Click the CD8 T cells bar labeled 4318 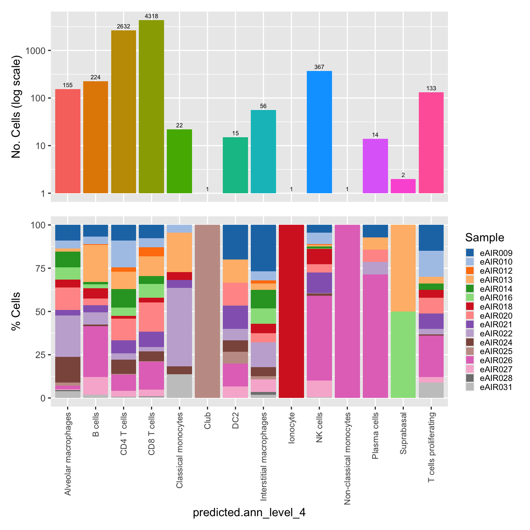point(151,106)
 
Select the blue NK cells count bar point(319,132)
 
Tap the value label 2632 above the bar point(123,26)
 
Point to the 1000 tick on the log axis point(36,51)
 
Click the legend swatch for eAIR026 point(470,360)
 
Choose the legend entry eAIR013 point(496,280)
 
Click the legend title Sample point(484,237)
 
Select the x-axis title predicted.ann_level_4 point(249,513)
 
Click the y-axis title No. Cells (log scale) point(16,107)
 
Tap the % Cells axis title point(16,311)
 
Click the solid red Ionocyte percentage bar point(291,311)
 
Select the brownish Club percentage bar point(207,311)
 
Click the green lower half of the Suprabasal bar point(403,355)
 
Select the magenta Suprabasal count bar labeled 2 point(403,186)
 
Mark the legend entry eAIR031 point(496,387)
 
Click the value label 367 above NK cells point(319,67)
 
